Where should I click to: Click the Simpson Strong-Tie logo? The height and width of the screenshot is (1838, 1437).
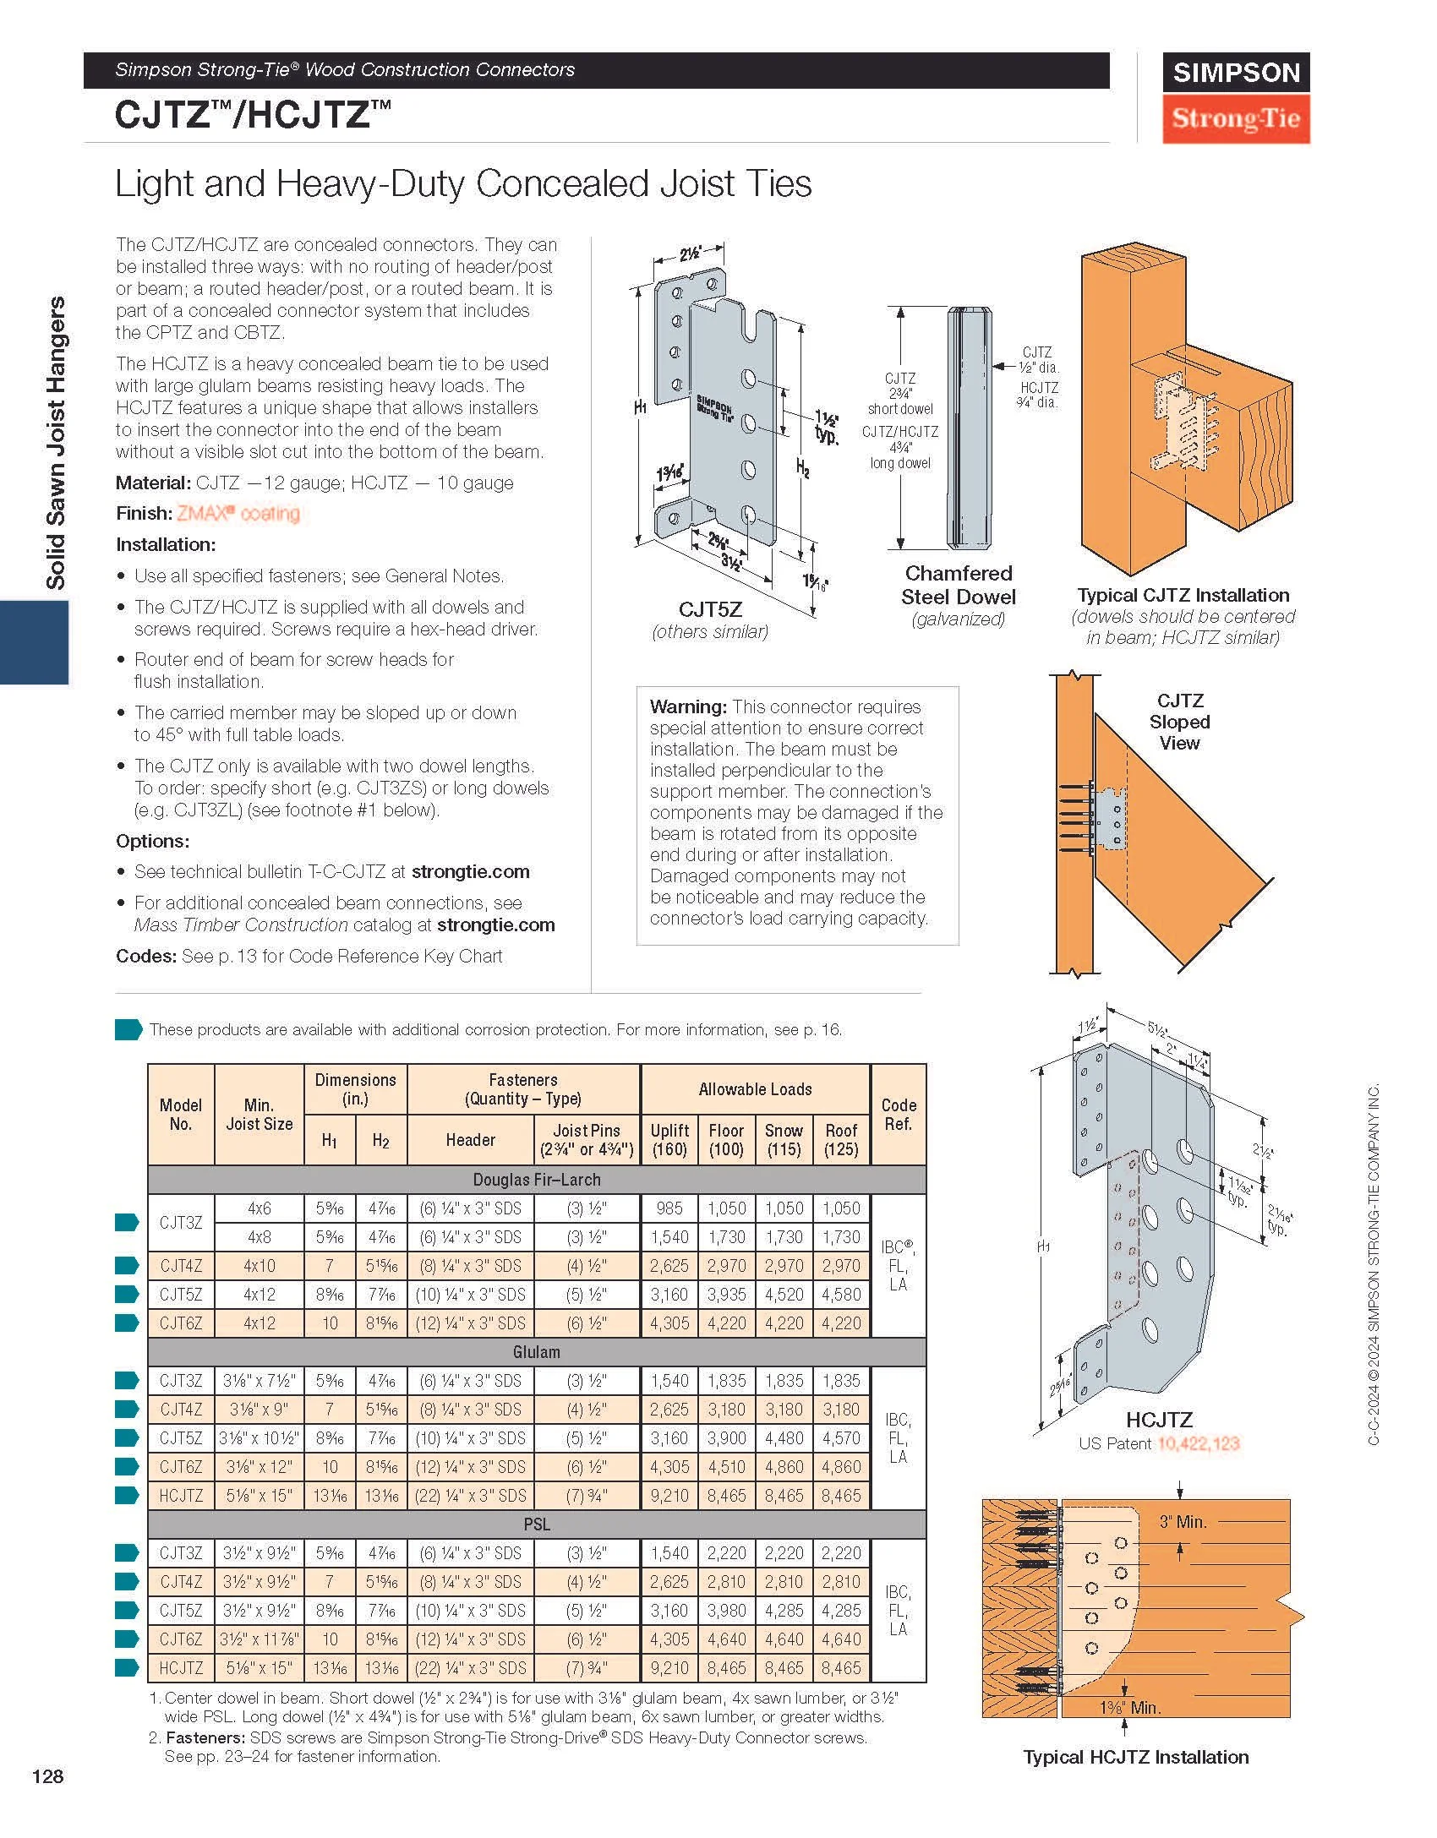pyautogui.click(x=1235, y=97)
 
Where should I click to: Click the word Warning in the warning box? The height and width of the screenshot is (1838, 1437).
pyautogui.click(x=688, y=706)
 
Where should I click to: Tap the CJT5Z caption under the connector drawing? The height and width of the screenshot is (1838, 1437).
pyautogui.click(x=710, y=609)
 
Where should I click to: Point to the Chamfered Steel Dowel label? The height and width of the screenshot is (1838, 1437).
pyautogui.click(x=958, y=585)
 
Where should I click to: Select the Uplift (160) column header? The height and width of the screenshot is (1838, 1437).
pyautogui.click(x=669, y=1139)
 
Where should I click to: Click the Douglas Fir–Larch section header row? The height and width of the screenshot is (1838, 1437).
pyautogui.click(x=537, y=1179)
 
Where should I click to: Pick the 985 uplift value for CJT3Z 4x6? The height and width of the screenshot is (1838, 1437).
pyautogui.click(x=669, y=1208)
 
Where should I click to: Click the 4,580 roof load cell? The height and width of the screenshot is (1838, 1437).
pyautogui.click(x=841, y=1295)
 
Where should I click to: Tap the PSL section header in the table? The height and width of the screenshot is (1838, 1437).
pyautogui.click(x=537, y=1524)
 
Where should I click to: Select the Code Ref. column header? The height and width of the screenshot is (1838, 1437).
pyautogui.click(x=898, y=1114)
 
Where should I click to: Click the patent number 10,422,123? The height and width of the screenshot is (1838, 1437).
pyautogui.click(x=1198, y=1443)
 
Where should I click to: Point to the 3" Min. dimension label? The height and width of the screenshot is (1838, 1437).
pyautogui.click(x=1183, y=1522)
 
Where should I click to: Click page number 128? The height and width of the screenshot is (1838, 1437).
pyautogui.click(x=47, y=1776)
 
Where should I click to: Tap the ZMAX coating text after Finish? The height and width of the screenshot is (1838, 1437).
pyautogui.click(x=238, y=514)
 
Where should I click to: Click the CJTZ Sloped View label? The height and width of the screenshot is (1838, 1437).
pyautogui.click(x=1179, y=722)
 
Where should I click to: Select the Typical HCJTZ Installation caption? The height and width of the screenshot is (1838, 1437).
pyautogui.click(x=1135, y=1757)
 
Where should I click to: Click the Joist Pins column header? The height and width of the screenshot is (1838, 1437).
pyautogui.click(x=587, y=1139)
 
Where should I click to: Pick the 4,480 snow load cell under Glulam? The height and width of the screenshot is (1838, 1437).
pyautogui.click(x=784, y=1438)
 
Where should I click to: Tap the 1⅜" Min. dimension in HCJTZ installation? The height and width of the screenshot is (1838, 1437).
pyautogui.click(x=1129, y=1707)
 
